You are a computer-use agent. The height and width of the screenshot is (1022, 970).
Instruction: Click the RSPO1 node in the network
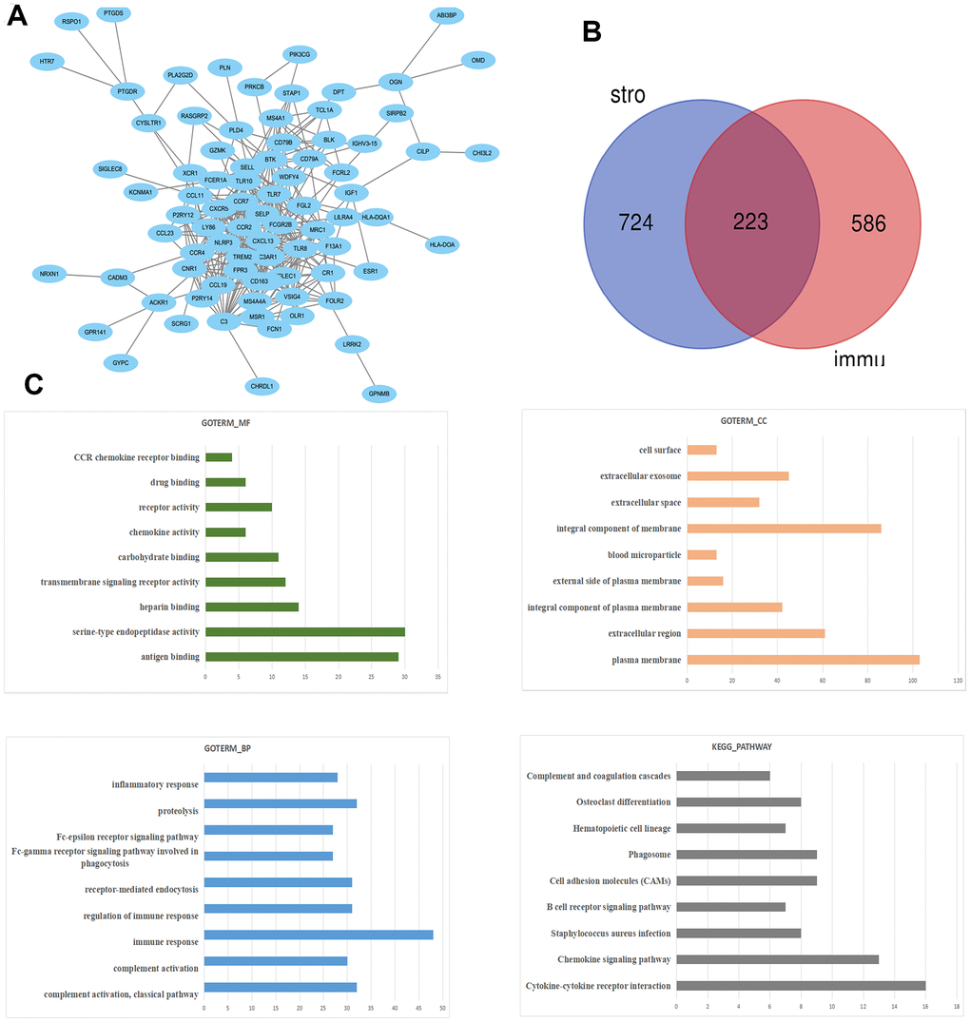coord(69,21)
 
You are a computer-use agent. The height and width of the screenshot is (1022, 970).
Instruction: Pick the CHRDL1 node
coord(261,386)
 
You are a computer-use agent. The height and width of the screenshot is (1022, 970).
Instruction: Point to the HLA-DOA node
coord(442,244)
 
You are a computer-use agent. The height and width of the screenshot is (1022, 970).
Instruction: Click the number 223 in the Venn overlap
coord(751,222)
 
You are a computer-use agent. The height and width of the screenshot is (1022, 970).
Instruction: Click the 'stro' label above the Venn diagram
coord(629,96)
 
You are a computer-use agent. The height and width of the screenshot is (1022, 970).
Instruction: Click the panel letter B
coord(592,30)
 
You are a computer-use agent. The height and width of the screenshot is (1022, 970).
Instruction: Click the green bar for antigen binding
coord(301,656)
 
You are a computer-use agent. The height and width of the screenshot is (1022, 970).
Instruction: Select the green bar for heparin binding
coord(252,607)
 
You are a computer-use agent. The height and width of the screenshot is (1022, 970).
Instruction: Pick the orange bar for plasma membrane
coord(803,659)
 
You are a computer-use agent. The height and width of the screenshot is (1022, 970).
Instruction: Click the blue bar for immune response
coord(319,935)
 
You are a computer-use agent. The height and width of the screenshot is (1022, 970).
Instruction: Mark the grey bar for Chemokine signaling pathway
coord(778,959)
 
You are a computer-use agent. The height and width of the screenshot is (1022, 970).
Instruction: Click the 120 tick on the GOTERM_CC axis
coord(958,681)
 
